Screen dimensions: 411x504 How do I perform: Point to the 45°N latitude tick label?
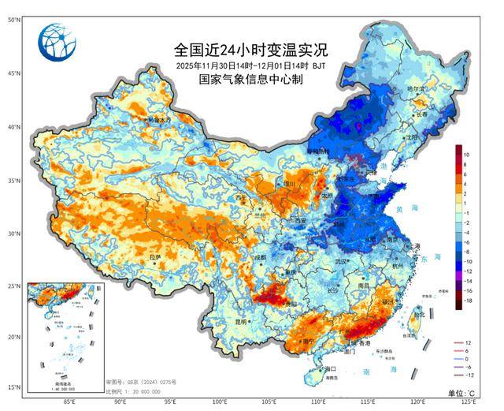tap(13, 73)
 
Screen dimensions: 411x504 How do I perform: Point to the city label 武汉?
tap(340, 261)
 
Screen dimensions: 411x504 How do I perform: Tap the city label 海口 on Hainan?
tap(330, 368)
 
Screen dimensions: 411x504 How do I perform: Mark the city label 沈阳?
tap(410, 136)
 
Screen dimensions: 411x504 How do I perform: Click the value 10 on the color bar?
tap(467, 154)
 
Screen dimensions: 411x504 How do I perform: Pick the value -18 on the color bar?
tap(468, 301)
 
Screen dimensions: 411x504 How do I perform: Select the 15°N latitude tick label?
tap(13, 387)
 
